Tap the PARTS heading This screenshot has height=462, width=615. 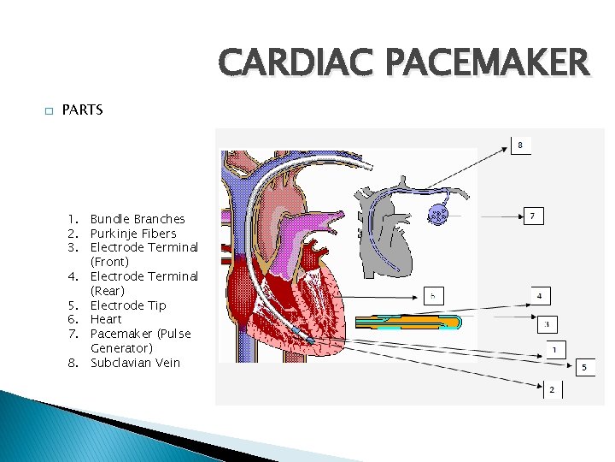[x=83, y=110]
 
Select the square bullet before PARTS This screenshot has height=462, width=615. [x=49, y=110]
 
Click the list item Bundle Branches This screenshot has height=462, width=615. [x=138, y=219]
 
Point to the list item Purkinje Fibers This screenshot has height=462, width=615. [x=133, y=234]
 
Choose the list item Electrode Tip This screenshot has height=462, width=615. [x=128, y=305]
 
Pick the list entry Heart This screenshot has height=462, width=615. [x=106, y=319]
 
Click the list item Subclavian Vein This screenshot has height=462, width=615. [x=135, y=363]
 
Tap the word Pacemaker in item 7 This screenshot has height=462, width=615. [x=119, y=334]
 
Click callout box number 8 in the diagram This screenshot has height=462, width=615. [x=520, y=145]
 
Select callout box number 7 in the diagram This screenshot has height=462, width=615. [x=532, y=216]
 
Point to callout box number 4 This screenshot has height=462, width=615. [x=538, y=296]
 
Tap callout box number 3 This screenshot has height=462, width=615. [x=547, y=324]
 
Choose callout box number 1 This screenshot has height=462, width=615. [x=554, y=349]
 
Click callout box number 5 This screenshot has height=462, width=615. [x=584, y=367]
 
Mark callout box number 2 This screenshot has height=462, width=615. [x=552, y=389]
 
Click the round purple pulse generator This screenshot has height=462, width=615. [x=438, y=215]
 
